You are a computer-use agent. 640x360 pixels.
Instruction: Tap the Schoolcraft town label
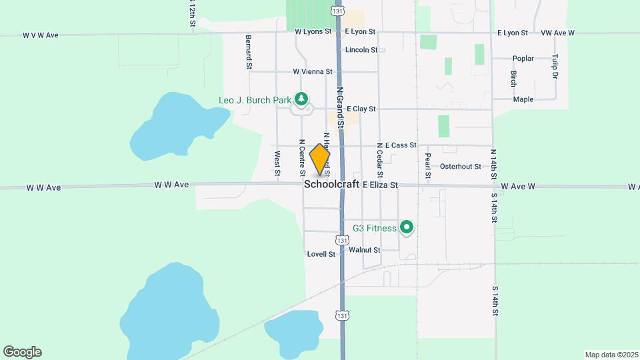coord(331,185)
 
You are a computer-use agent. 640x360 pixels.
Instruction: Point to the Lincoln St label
coord(361,50)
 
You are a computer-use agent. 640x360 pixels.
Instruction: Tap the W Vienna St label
coord(312,71)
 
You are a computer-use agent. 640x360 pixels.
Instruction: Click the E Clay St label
coord(361,109)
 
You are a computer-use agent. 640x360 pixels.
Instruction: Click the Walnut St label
coord(364,250)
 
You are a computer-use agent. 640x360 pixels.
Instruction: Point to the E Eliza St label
coord(380,185)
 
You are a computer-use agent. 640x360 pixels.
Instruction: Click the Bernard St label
coord(249,52)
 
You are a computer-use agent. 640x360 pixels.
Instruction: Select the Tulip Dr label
coord(555,67)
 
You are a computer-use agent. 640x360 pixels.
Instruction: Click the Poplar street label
coord(523,59)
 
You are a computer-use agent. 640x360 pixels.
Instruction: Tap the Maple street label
coord(523,99)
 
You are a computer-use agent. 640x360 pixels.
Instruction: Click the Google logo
coord(22,352)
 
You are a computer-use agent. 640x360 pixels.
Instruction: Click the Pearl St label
coord(428,165)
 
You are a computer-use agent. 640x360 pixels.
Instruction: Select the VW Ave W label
coord(557,32)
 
